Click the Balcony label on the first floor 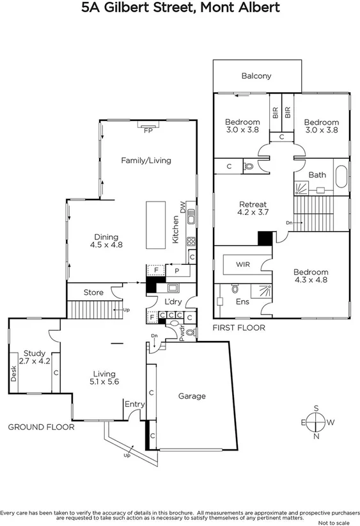[256, 76]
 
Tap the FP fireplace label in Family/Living [148, 131]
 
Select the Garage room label [192, 396]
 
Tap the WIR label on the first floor [242, 264]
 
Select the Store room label [93, 292]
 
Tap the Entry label [134, 404]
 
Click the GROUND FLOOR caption [41, 427]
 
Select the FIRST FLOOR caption [239, 328]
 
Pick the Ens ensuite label [242, 301]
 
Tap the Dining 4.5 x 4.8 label [106, 241]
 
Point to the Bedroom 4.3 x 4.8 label [311, 276]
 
